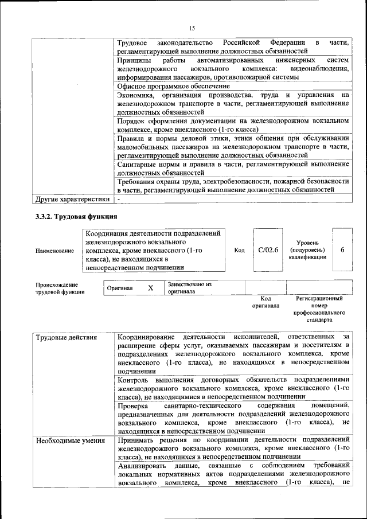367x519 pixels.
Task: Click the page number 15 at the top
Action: click(192, 28)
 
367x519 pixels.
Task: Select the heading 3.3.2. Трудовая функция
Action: click(77, 216)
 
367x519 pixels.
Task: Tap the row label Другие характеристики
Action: click(72, 200)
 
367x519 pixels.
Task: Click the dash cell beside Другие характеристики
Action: click(119, 200)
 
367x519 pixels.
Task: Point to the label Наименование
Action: click(54, 251)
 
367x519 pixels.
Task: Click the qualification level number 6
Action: click(342, 250)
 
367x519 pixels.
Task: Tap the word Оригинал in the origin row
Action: click(120, 288)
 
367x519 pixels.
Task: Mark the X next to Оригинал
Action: click(150, 288)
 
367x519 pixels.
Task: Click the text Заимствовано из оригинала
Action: click(190, 287)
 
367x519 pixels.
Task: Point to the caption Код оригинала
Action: click(266, 302)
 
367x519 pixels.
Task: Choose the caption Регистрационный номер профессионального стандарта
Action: click(319, 310)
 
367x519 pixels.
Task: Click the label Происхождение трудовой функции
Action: click(57, 288)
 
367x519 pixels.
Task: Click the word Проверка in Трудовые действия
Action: click(133, 405)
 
